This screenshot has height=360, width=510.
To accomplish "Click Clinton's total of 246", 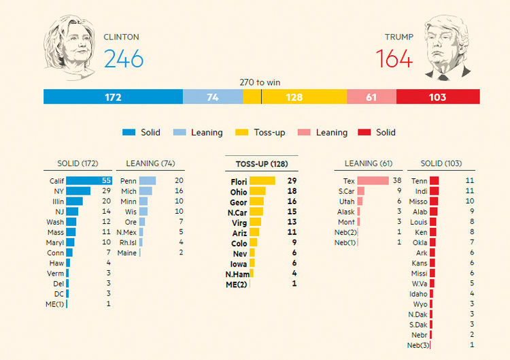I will click(124, 59).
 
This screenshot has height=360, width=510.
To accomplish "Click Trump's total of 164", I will click(394, 59).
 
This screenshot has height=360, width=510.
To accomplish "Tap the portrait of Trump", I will click(447, 46).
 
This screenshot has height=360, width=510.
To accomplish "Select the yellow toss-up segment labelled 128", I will click(294, 97).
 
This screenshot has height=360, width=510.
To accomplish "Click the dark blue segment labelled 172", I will click(113, 97).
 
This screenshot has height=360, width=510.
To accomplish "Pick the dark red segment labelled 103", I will click(437, 97).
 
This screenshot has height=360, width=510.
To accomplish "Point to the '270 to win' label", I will click(260, 82).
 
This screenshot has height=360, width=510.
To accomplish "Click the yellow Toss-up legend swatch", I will click(241, 133).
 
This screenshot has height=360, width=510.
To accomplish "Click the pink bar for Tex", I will click(373, 181).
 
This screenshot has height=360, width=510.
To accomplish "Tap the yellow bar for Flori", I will click(262, 181).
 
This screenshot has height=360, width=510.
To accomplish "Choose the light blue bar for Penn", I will click(148, 181).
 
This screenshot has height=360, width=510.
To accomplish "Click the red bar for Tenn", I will click(434, 181).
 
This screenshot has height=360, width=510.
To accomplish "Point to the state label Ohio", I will click(238, 192).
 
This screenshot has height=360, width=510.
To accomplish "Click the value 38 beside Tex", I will click(397, 181).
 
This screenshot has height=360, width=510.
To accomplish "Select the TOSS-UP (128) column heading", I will click(261, 164).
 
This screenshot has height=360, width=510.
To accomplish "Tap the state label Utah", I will click(347, 201).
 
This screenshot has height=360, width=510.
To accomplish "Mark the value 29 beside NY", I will click(105, 191).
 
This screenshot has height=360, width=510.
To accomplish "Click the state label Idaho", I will click(418, 293).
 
